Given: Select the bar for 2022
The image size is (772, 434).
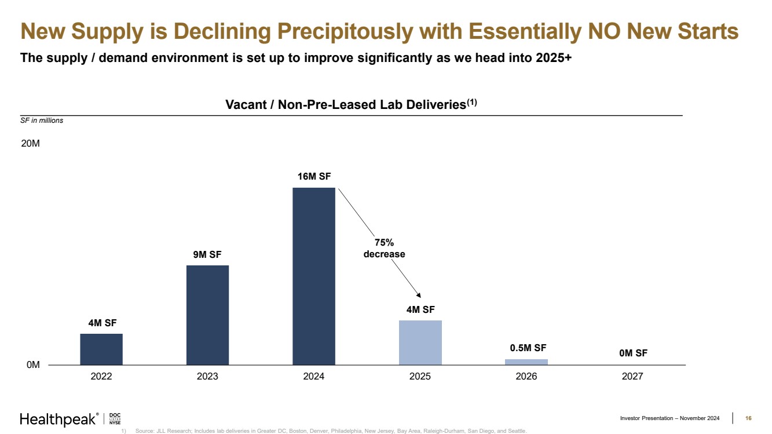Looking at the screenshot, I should tap(101, 349).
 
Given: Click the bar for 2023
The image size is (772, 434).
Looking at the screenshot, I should tap(207, 315).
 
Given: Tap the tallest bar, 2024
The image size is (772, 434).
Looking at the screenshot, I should tap(314, 276).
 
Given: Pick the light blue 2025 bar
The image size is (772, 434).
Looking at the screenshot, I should tap(420, 342).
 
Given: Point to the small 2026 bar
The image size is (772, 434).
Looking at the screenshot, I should tap(526, 362).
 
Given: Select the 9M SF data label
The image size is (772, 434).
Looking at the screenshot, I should tap(207, 254).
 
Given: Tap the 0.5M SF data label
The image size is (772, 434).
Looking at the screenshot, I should tap(528, 348).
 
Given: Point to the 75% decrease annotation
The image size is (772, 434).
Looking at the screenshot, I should tap(384, 249).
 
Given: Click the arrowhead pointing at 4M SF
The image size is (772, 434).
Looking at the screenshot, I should tap(419, 295).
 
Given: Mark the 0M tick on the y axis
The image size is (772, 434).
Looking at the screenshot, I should tap(32, 365).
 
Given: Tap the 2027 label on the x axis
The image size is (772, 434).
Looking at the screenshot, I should tap(632, 377).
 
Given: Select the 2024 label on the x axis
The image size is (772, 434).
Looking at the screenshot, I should tap(314, 377).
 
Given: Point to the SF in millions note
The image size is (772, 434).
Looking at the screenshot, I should tap(42, 121).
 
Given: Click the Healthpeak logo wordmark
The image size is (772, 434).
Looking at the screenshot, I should tap(58, 419).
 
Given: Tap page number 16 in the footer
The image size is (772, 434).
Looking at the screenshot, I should tap(748, 418).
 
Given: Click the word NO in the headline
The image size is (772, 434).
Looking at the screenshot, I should tap(609, 31).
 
